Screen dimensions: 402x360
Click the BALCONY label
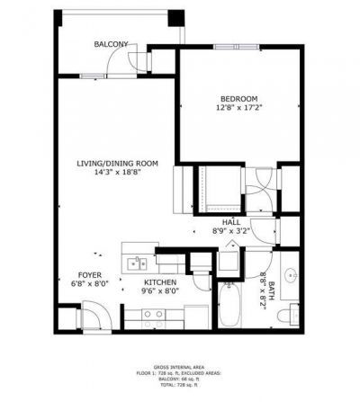click(111, 43)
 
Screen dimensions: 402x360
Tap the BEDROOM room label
click(238, 98)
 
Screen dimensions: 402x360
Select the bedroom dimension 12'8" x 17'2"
click(238, 108)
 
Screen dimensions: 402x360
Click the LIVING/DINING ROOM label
click(117, 163)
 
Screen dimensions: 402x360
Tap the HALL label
click(231, 221)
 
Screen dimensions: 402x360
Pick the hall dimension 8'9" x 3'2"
click(231, 231)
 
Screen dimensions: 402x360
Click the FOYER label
click(89, 275)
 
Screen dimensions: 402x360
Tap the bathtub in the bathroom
click(229, 307)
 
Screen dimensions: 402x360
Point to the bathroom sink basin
click(291, 276)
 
